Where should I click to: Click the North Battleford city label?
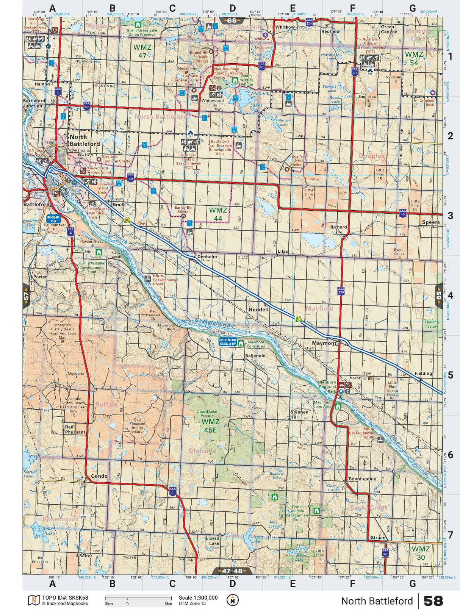[84, 140]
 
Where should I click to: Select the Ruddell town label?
[258, 310]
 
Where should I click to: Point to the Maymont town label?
[324, 343]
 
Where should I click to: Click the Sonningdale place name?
[362, 479]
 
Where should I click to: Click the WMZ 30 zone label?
[421, 553]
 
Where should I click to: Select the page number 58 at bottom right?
[433, 601]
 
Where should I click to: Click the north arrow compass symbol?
[232, 600]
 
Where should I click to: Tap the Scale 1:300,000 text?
[198, 598]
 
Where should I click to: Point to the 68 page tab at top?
[232, 20]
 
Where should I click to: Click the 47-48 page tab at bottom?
[232, 571]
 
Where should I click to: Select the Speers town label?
[430, 222]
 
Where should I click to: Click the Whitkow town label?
[285, 27]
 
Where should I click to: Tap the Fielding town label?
[423, 373]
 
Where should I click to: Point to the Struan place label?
[378, 538]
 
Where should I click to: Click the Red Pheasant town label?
[75, 429]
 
